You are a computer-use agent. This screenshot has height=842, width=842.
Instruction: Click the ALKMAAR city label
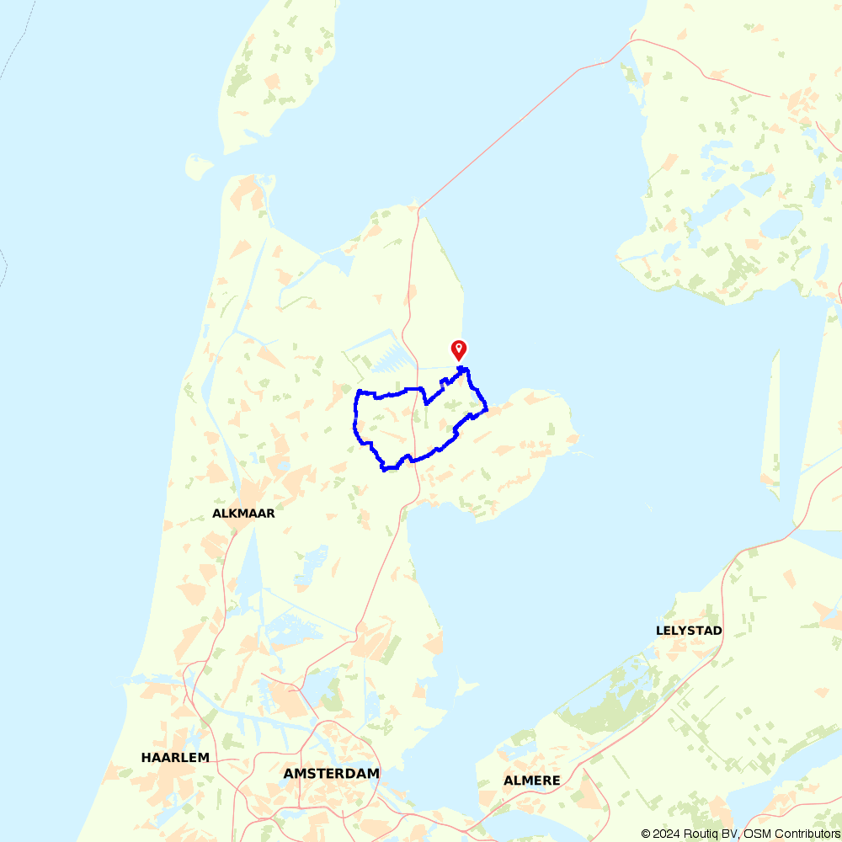pyautogui.click(x=243, y=513)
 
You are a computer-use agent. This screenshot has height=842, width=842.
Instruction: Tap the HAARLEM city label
pyautogui.click(x=175, y=757)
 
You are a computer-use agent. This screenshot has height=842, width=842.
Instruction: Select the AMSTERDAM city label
pyautogui.click(x=331, y=773)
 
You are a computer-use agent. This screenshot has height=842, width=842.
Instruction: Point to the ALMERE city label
pyautogui.click(x=532, y=781)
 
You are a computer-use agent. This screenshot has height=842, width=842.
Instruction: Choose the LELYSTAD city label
pyautogui.click(x=689, y=630)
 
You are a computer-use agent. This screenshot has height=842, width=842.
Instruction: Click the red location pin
pyautogui.click(x=459, y=349)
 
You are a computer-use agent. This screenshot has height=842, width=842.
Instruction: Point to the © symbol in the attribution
pyautogui.click(x=645, y=834)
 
